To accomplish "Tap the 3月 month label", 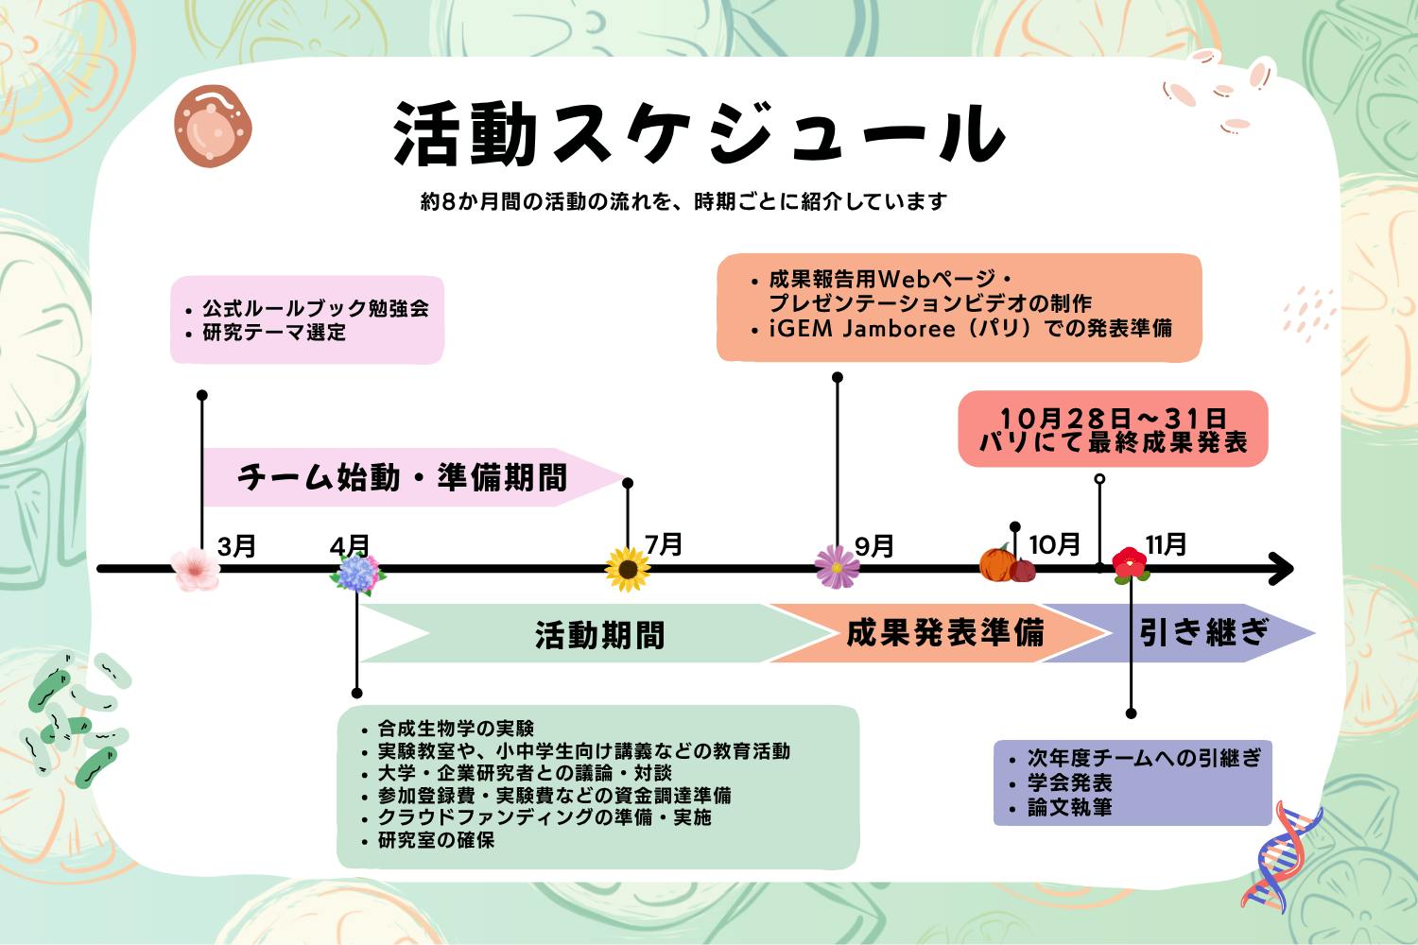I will [x=236, y=546].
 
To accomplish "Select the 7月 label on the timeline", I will [x=664, y=543].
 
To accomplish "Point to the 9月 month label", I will [x=874, y=546].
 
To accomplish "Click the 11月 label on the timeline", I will [x=1166, y=544].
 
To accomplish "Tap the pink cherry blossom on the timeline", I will [x=196, y=569].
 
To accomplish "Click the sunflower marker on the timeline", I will [x=628, y=570].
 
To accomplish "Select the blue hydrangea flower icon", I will [x=358, y=575].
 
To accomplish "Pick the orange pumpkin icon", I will [x=998, y=564].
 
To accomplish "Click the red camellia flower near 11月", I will [x=1130, y=564].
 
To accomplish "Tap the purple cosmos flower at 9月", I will [x=838, y=567].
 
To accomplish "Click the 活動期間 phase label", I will [x=599, y=635].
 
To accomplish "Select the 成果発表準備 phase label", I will [x=944, y=633].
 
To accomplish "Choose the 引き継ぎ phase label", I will [x=1202, y=632].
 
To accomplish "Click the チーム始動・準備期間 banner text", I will [x=402, y=477].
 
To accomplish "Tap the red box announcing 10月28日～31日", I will [x=1113, y=429].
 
